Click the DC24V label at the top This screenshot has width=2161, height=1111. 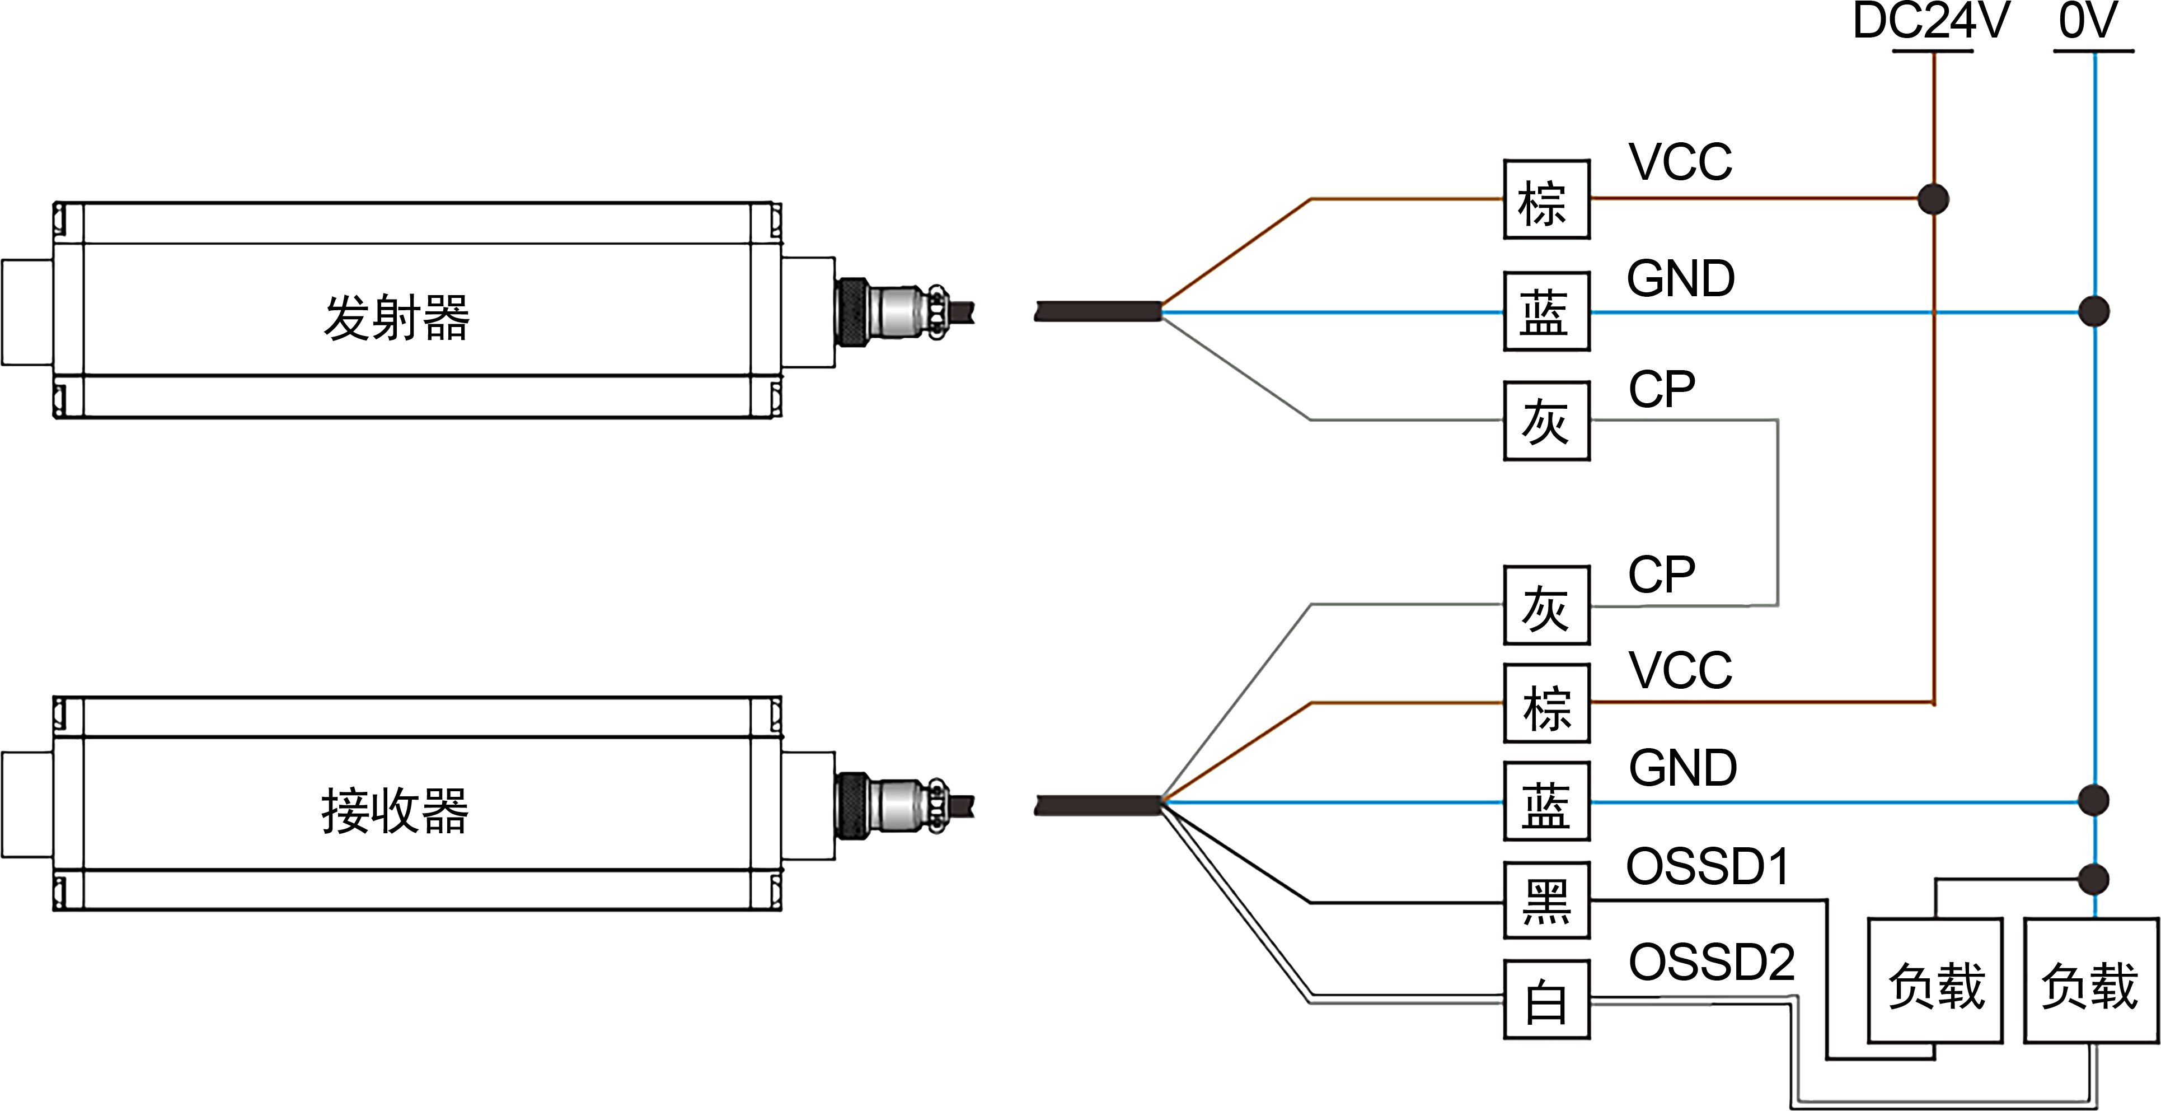click(1931, 20)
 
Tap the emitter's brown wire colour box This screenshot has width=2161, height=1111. click(1546, 200)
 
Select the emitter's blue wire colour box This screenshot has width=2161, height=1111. click(1546, 311)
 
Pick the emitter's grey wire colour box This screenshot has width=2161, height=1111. click(1546, 421)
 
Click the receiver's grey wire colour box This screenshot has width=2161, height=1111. click(1546, 605)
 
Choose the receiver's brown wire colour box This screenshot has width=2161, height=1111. click(1546, 703)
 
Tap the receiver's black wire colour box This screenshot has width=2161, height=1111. click(1546, 901)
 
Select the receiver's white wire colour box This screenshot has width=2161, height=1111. click(1546, 998)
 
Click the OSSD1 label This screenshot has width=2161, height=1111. click(1705, 866)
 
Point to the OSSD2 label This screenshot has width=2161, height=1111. click(1712, 961)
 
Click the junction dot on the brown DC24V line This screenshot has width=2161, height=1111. click(1933, 200)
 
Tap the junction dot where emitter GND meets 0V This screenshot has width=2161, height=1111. click(2094, 311)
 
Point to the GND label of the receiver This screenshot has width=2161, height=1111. click(1682, 767)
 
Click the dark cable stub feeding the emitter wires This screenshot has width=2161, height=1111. click(1098, 311)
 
